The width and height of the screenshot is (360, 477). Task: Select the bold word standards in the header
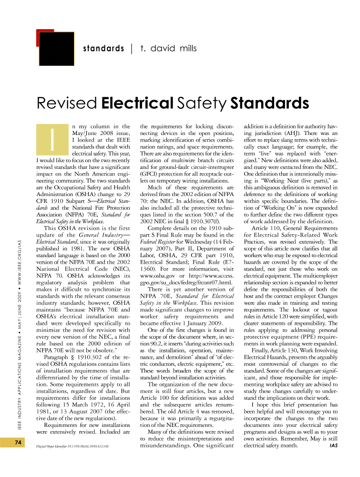click(x=103, y=48)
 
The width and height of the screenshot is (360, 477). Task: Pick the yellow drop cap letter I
click(x=51, y=139)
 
